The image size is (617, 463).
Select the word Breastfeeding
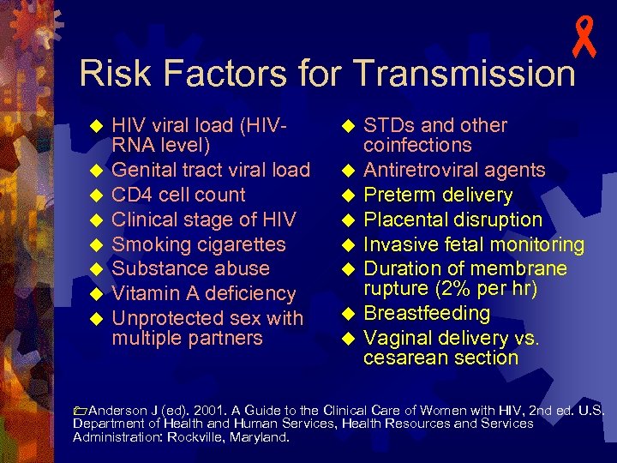click(427, 313)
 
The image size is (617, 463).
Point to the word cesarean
click(404, 358)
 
